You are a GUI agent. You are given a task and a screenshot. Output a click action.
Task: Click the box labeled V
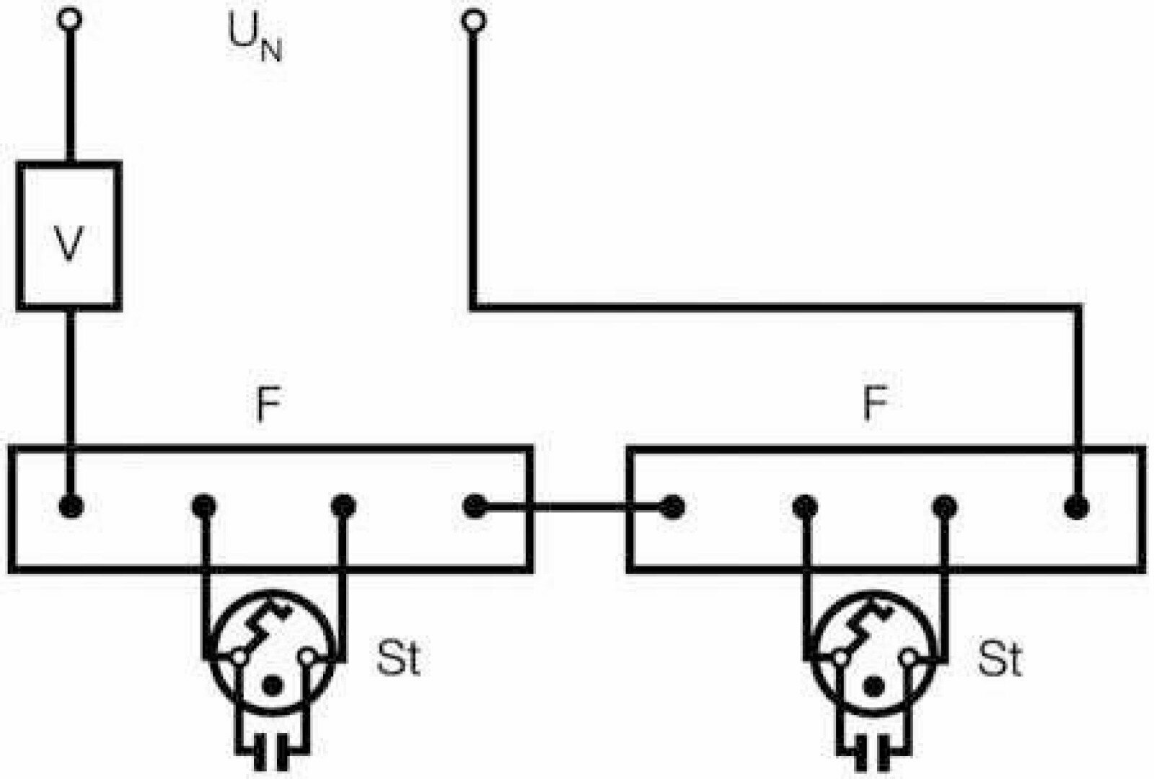pyautogui.click(x=69, y=236)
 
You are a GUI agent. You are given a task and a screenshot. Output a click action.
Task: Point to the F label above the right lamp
pyautogui.click(x=874, y=405)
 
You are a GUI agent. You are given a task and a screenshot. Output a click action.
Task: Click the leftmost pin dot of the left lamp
pyautogui.click(x=71, y=506)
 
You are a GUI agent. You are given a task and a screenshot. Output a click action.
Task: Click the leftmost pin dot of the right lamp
pyautogui.click(x=672, y=506)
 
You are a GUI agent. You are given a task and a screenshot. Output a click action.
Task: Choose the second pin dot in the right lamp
pyautogui.click(x=803, y=506)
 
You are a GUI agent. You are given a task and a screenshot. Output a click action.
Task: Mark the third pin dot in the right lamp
pyautogui.click(x=943, y=506)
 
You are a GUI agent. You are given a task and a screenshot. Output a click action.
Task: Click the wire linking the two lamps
pyautogui.click(x=573, y=506)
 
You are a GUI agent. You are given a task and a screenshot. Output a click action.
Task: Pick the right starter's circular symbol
pyautogui.click(x=875, y=649)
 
